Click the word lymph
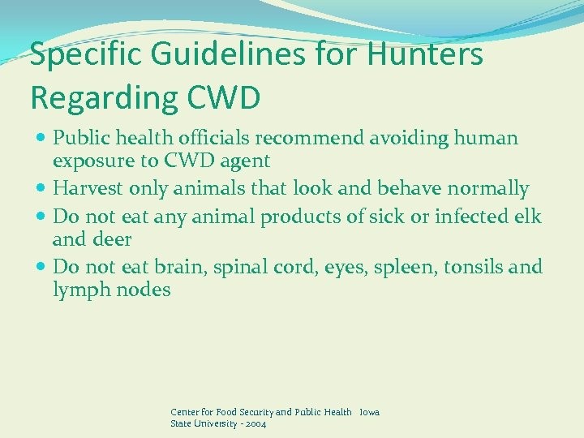click(x=79, y=290)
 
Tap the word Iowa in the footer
click(x=369, y=412)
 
